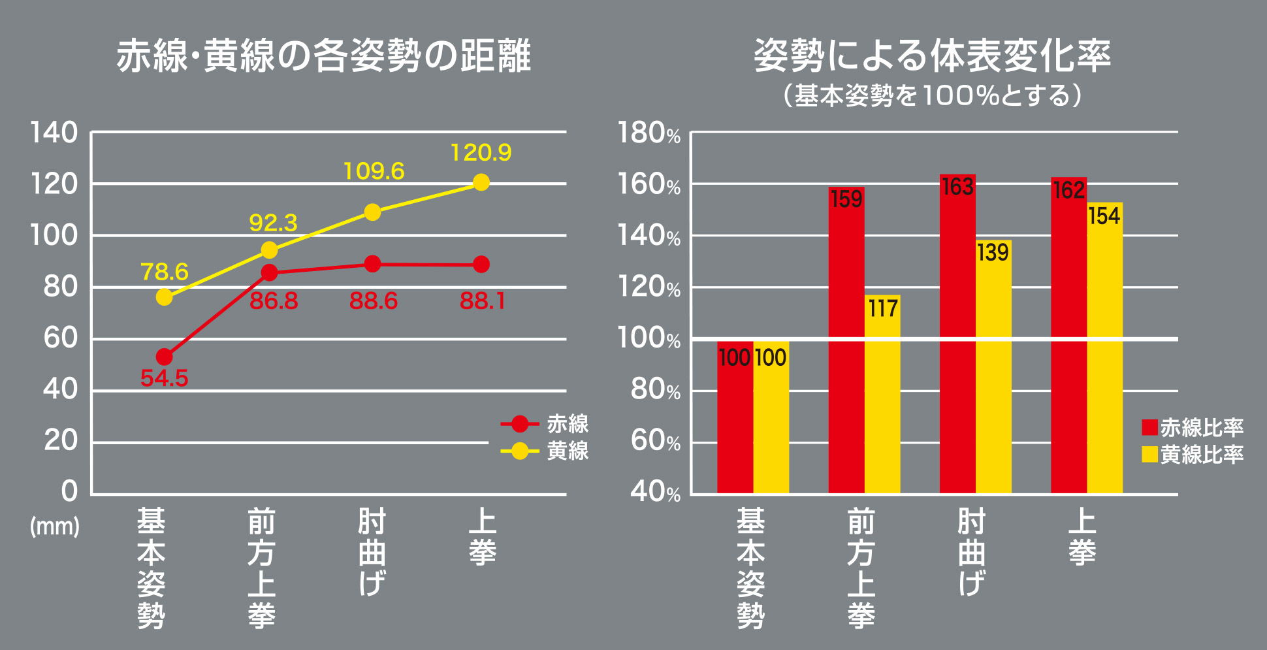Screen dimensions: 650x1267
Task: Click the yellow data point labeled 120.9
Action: click(481, 182)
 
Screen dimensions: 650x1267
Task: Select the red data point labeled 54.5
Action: click(165, 357)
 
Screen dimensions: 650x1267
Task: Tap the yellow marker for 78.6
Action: click(165, 297)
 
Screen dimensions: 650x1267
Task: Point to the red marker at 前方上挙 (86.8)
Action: click(269, 272)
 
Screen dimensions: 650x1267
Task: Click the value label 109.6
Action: click(374, 171)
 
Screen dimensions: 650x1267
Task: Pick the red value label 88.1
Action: click(483, 301)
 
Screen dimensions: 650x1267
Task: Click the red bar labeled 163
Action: click(957, 333)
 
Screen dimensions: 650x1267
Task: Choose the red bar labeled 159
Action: click(846, 340)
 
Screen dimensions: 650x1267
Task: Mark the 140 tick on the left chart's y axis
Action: click(54, 133)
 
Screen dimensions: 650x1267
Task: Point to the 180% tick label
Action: click(649, 133)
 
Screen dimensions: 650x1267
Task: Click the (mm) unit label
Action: click(55, 526)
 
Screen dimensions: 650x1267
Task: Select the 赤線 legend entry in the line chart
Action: click(545, 424)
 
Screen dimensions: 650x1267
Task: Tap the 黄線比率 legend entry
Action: click(1193, 454)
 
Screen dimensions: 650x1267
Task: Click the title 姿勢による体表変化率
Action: click(933, 56)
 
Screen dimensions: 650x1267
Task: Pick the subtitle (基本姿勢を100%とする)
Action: click(933, 96)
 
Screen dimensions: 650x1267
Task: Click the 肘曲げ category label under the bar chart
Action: click(972, 552)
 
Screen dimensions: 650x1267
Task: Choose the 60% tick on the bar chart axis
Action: click(656, 442)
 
